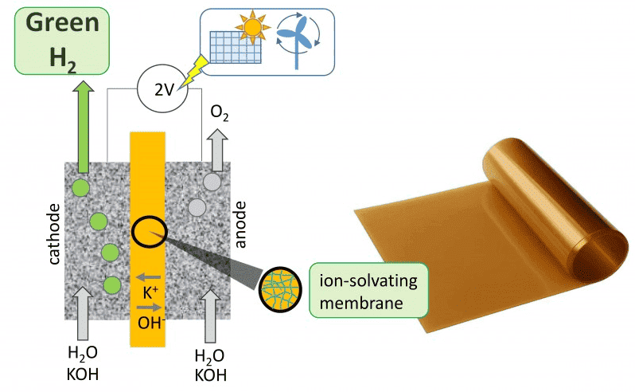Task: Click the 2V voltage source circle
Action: click(x=163, y=90)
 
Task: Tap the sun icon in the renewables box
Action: click(x=254, y=30)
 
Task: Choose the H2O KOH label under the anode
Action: click(x=209, y=365)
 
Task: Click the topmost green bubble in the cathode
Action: click(x=80, y=189)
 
